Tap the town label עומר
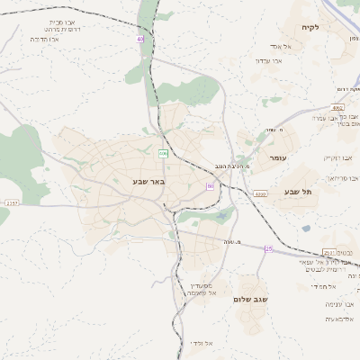[x=277, y=157]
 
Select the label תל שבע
[x=296, y=191]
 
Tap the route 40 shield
[x=140, y=40]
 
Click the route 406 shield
[x=163, y=154]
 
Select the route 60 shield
[x=210, y=186]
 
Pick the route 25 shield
[x=268, y=248]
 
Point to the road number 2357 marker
[x=11, y=203]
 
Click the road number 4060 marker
[x=260, y=193]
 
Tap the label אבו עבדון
[x=269, y=60]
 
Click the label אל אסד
[x=283, y=46]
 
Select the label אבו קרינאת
[x=337, y=157]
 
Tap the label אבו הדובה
[x=44, y=40]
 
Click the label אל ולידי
[x=202, y=343]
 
